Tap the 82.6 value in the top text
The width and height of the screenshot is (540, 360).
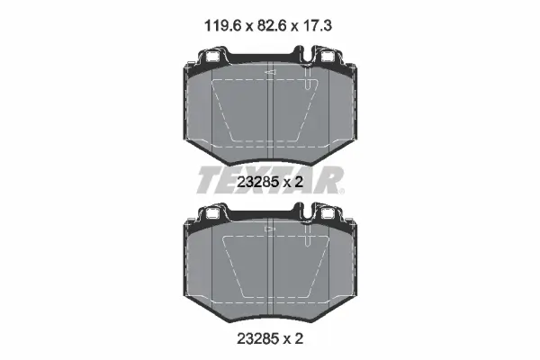tap(272, 26)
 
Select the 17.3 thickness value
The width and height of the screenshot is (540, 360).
tap(317, 26)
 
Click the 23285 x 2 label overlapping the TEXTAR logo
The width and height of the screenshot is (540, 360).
tap(270, 182)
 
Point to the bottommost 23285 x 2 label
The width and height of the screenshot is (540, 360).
tap(270, 339)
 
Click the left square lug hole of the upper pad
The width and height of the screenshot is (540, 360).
tap(212, 57)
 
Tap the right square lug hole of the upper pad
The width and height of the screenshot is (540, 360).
tap(327, 57)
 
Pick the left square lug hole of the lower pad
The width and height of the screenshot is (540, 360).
tap(212, 214)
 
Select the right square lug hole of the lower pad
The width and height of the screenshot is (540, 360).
tap(327, 214)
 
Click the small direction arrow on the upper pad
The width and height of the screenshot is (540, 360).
tap(270, 72)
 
